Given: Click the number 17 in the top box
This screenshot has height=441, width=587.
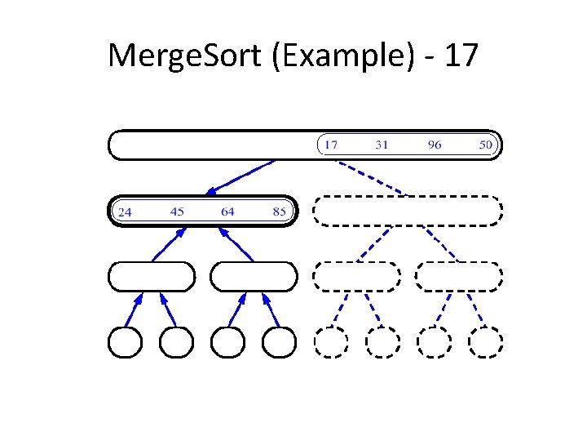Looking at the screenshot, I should tap(330, 145).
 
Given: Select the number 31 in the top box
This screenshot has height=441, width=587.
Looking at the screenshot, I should tap(382, 145).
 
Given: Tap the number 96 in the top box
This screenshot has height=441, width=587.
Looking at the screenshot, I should tap(435, 145).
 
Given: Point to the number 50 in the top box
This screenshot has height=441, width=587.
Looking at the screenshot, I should tap(486, 145).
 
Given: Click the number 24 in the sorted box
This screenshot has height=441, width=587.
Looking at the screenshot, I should tap(126, 212).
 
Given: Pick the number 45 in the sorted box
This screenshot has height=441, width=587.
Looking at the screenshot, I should tap(177, 212).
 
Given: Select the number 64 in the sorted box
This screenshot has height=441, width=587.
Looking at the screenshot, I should tap(227, 212).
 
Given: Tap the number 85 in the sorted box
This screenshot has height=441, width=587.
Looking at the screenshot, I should tap(280, 212).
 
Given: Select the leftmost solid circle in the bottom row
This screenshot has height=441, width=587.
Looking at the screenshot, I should tap(126, 342).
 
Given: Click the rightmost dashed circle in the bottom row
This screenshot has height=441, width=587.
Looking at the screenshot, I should tap(486, 342).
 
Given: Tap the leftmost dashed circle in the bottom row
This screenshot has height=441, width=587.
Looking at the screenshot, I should tap(331, 342).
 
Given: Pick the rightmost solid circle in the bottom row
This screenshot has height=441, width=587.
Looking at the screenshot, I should tap(280, 342).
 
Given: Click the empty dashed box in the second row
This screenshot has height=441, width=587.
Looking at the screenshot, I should tap(408, 211).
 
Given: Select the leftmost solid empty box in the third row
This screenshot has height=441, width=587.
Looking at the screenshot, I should tap(152, 277).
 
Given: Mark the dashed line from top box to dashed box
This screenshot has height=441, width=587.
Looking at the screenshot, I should tap(371, 177).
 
